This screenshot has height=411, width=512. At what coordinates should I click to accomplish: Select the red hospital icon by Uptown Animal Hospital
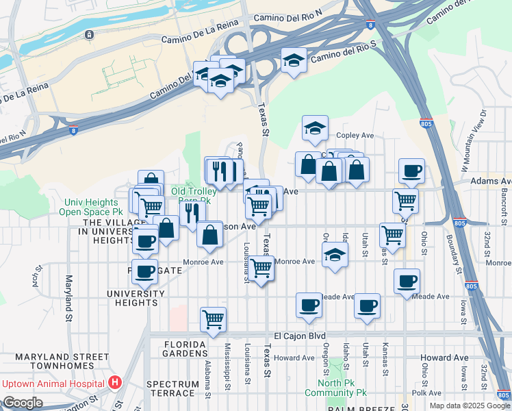coord(115,382)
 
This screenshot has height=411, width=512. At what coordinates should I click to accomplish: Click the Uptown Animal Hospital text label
coord(53,382)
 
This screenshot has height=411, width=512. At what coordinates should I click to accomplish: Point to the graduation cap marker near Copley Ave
coord(315,127)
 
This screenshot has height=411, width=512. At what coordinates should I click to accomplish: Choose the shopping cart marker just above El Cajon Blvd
coord(214,319)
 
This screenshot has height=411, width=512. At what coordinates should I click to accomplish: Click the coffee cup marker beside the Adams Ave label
coord(411,171)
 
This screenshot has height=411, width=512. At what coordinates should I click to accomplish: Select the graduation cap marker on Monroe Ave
coord(334,255)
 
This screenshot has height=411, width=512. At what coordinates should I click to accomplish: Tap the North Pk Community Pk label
coord(342,388)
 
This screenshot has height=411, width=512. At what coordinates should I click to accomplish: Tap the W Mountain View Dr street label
coord(473,140)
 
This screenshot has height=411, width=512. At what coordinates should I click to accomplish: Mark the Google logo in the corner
coord(23,403)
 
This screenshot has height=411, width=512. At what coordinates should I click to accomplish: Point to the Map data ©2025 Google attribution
coord(469,406)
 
